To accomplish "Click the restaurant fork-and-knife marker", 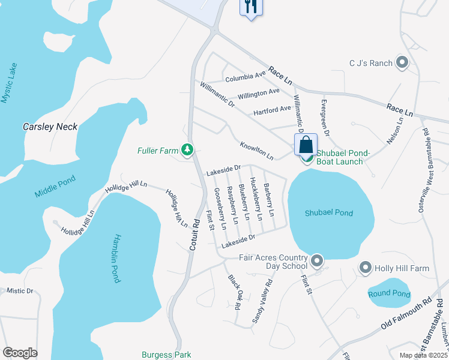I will click(250, 7).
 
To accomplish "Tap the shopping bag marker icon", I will click(306, 145).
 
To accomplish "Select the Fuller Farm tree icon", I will click(188, 150).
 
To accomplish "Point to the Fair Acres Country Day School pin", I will click(317, 261).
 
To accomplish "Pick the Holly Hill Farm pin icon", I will click(365, 268).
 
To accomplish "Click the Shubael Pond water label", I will click(329, 213).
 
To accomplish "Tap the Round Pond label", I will click(389, 294).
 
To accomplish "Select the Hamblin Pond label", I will click(115, 258).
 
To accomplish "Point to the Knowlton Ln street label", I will click(257, 151).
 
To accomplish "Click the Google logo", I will click(20, 352).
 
